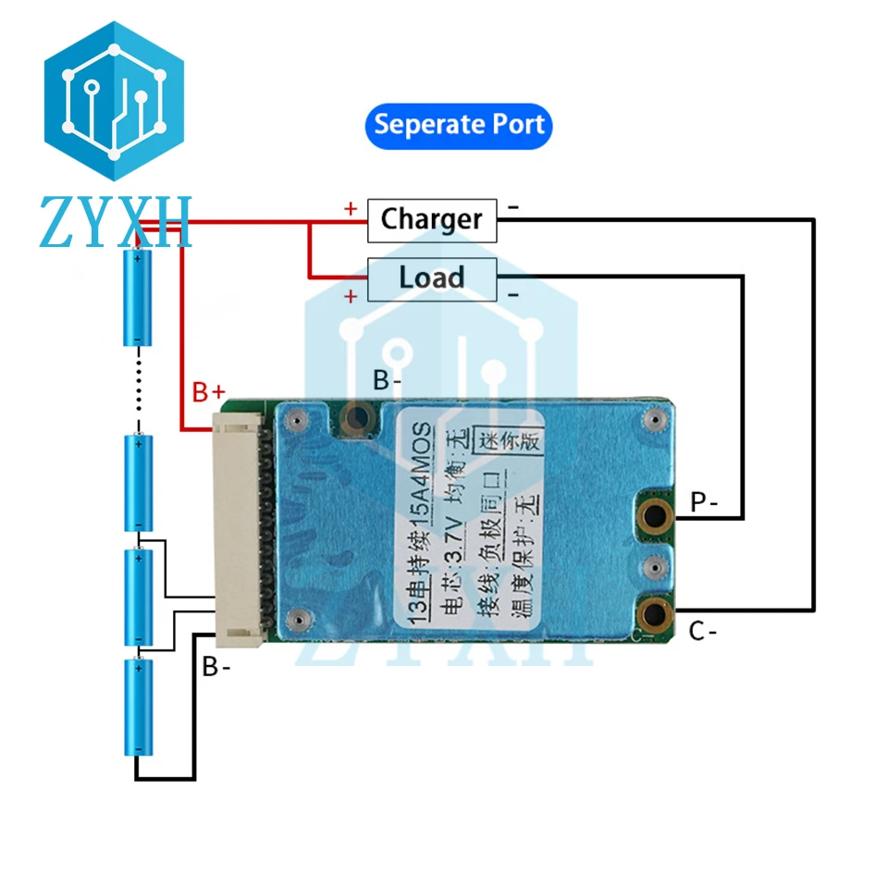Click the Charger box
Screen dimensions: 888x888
pyautogui.click(x=432, y=220)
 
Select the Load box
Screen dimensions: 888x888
pyautogui.click(x=432, y=279)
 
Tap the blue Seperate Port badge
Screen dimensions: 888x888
pyautogui.click(x=459, y=126)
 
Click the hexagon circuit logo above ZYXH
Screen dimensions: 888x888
pyautogui.click(x=115, y=102)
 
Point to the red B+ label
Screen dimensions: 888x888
pyautogui.click(x=208, y=392)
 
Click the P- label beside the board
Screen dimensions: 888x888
pyautogui.click(x=704, y=501)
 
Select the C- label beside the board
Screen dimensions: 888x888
pyautogui.click(x=703, y=631)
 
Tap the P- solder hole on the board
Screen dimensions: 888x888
pyautogui.click(x=655, y=515)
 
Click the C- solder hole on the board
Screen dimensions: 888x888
pyautogui.click(x=655, y=614)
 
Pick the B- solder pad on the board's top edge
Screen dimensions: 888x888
pyautogui.click(x=357, y=418)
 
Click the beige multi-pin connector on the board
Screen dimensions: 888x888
pyautogui.click(x=238, y=530)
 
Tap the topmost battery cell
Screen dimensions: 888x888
pyautogui.click(x=138, y=296)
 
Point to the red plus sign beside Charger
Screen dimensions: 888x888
pyautogui.click(x=351, y=209)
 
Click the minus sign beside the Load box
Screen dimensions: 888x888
pyautogui.click(x=513, y=295)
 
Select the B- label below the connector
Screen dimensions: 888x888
pyautogui.click(x=216, y=667)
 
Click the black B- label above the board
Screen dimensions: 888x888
pyautogui.click(x=388, y=379)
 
